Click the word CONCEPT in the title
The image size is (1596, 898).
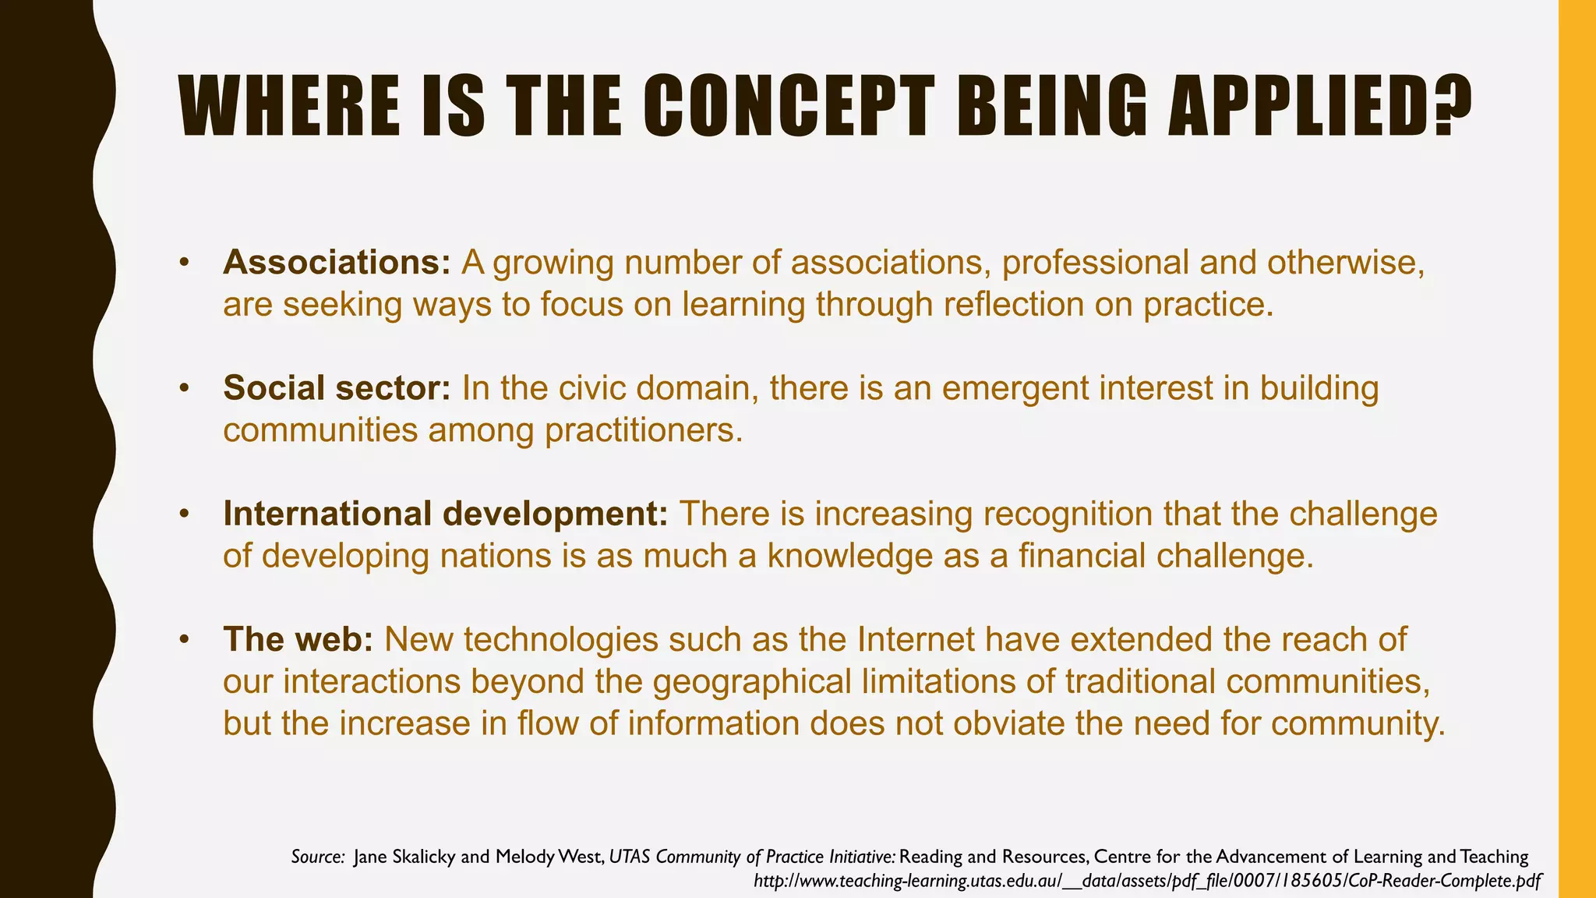(789, 105)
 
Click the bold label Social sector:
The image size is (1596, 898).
(337, 388)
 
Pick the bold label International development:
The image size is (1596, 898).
(445, 514)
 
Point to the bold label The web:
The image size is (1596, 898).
(298, 639)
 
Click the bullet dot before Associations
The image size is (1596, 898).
(184, 263)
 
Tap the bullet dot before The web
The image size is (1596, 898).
(184, 639)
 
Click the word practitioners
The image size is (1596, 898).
(644, 430)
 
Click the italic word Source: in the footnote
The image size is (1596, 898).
(317, 857)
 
